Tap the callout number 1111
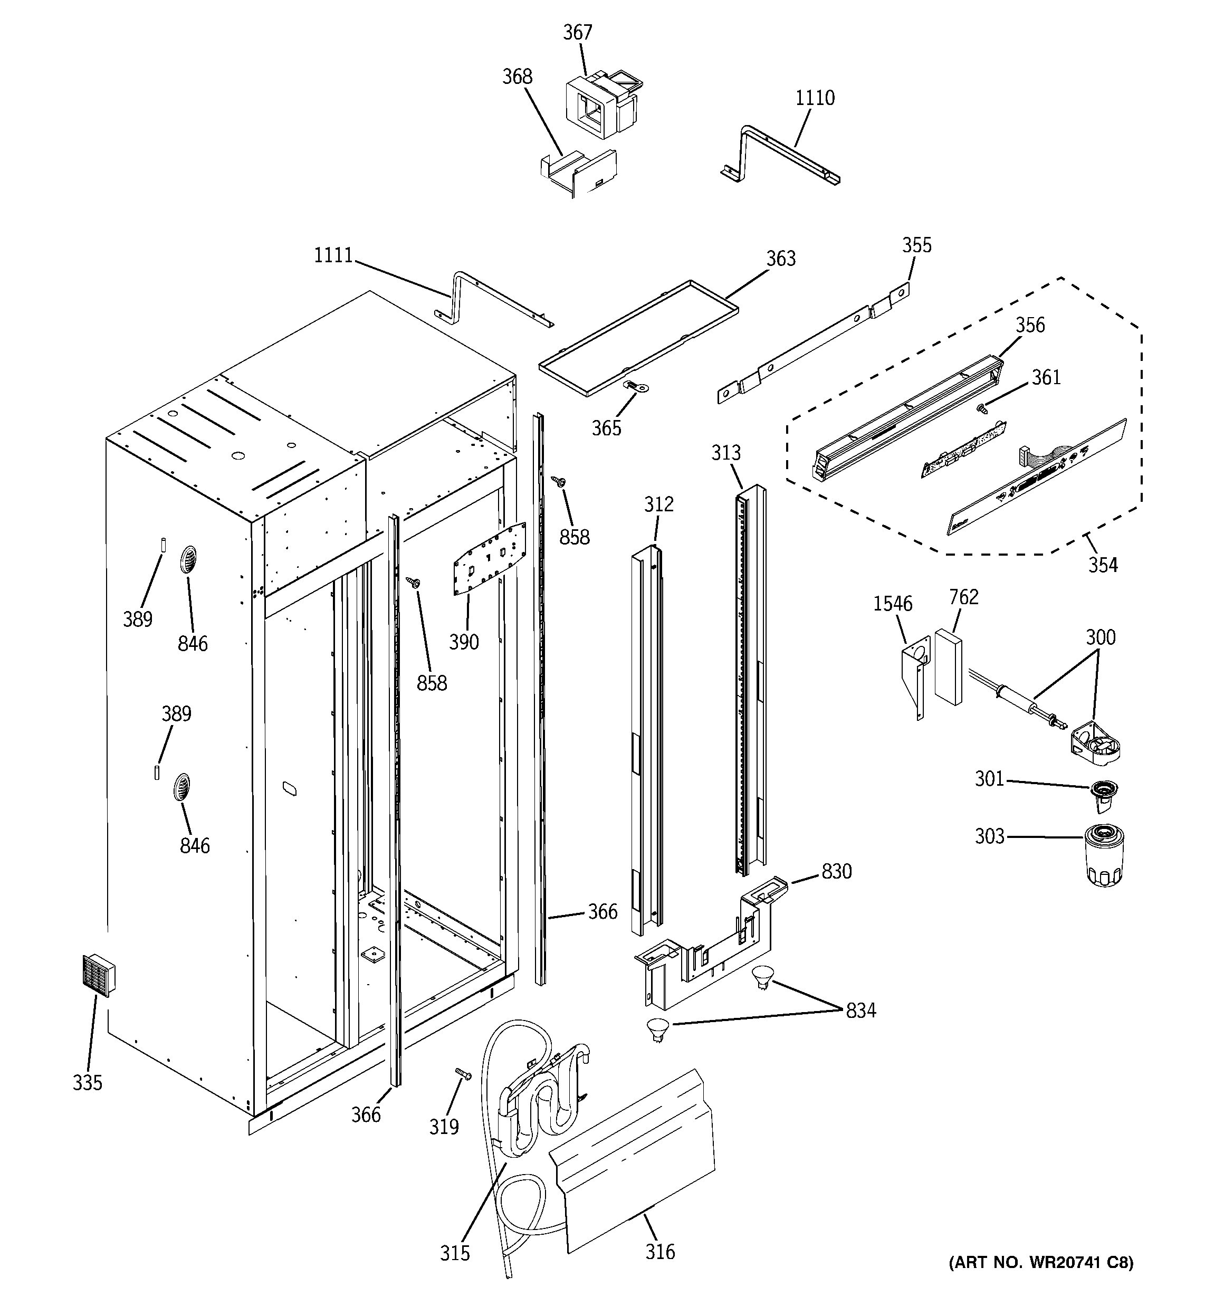(x=333, y=255)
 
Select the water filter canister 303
(x=1105, y=855)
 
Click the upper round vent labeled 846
(x=188, y=560)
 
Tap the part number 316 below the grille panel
(x=659, y=1252)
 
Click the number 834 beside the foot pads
(x=860, y=1011)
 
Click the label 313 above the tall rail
(x=725, y=453)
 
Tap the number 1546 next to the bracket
(x=892, y=603)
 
